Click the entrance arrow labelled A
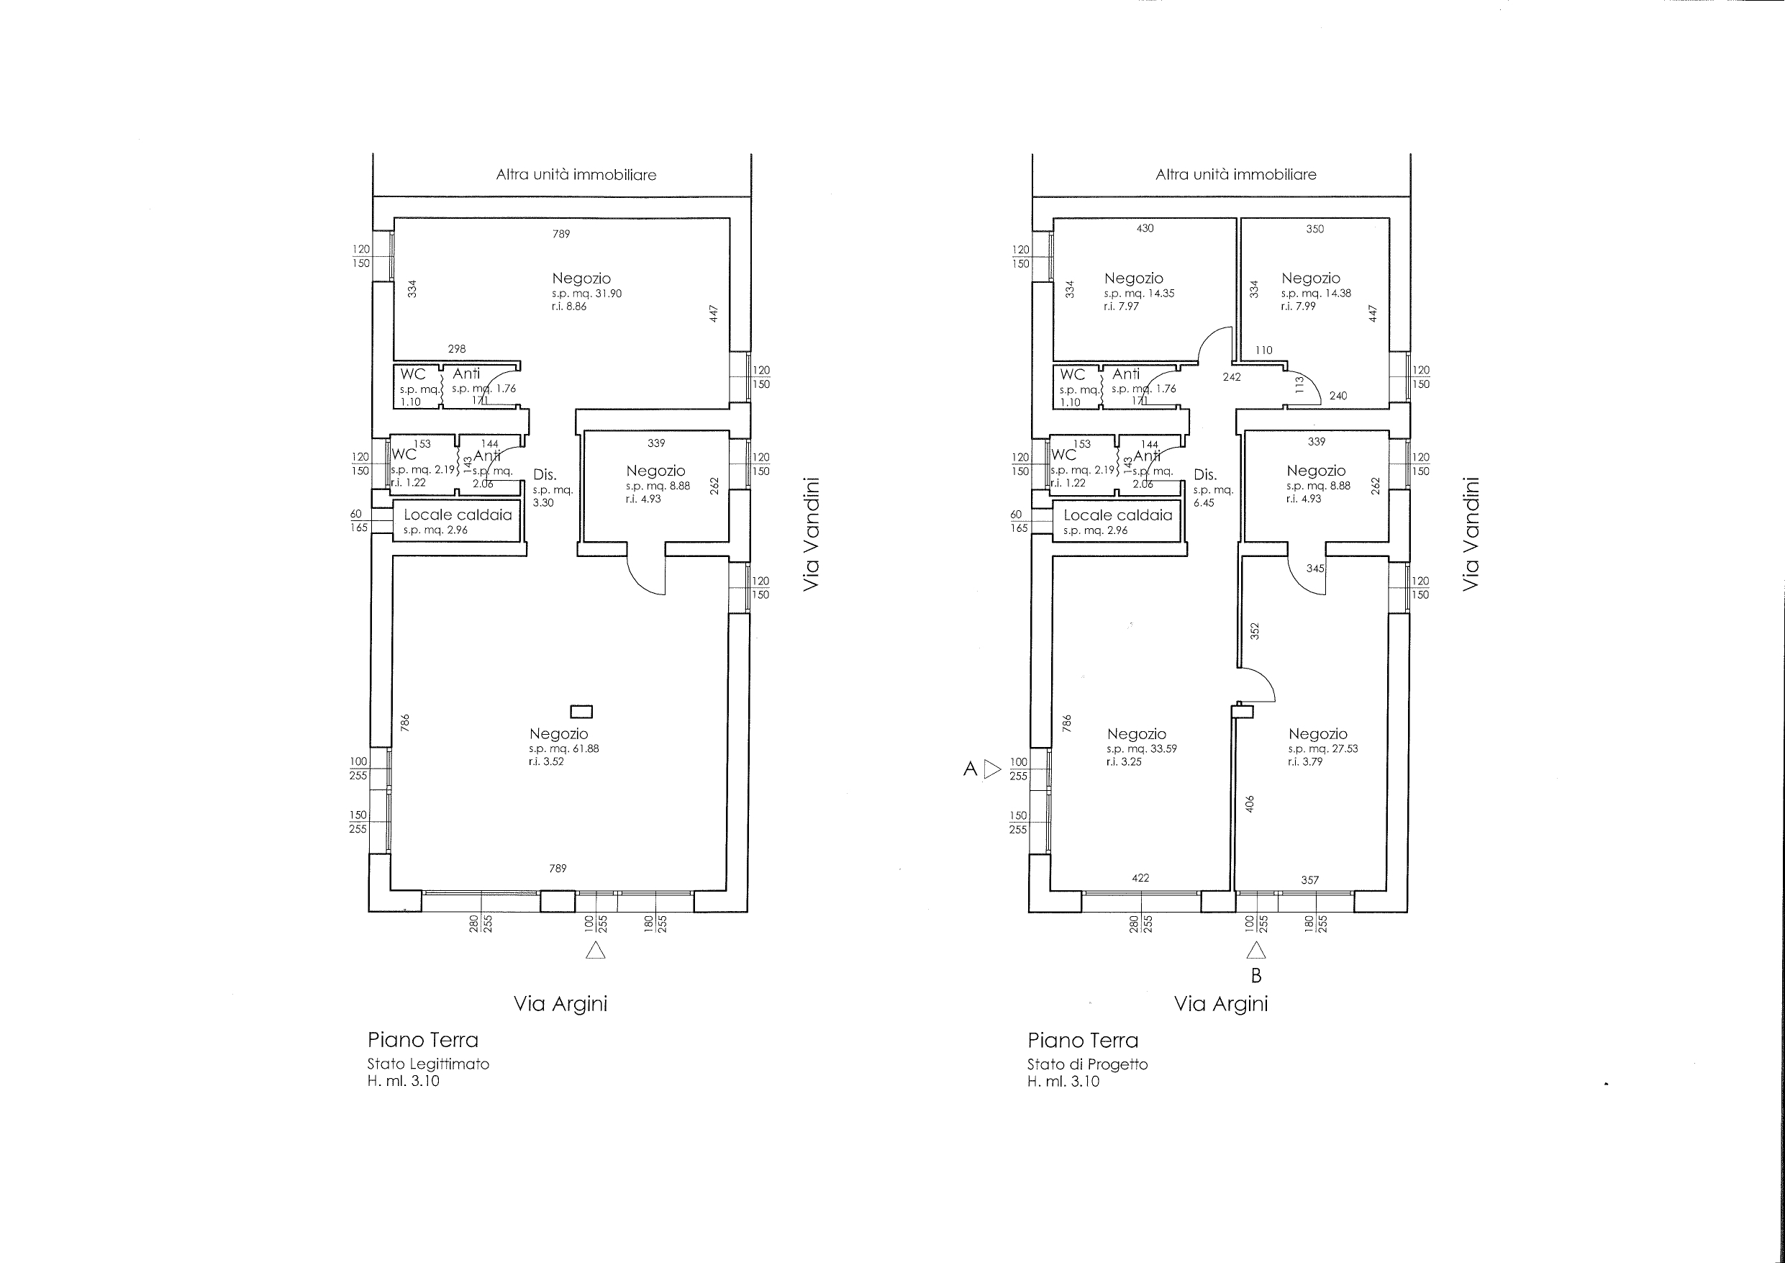tap(992, 769)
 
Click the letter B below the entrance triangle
tap(1255, 975)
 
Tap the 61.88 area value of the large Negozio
tap(584, 749)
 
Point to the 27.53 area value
tap(1343, 748)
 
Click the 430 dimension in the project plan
tap(1145, 228)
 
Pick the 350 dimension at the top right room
tap(1314, 229)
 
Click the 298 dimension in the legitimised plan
tap(457, 349)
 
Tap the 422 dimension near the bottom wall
tap(1140, 878)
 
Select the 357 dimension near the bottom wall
tap(1310, 879)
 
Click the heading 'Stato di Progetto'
tap(1088, 1064)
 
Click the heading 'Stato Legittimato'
tap(428, 1064)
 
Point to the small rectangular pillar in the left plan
tap(581, 711)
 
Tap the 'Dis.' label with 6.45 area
tap(1205, 474)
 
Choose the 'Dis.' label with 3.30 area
tap(545, 474)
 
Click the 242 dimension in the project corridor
tap(1232, 377)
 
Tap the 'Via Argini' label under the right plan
tap(1221, 1004)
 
